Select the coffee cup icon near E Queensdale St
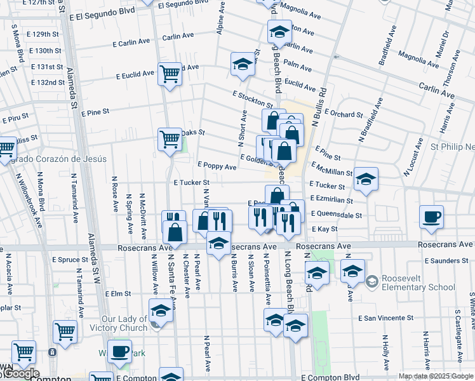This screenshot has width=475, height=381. [431, 217]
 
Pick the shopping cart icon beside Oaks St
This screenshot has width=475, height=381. [170, 139]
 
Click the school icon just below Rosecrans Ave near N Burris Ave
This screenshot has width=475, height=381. [218, 243]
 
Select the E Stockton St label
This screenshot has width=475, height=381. [252, 99]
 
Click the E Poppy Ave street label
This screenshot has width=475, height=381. [217, 167]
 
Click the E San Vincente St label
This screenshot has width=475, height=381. [386, 317]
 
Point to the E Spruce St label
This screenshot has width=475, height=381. [70, 260]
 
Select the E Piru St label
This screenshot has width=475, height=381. [17, 118]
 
